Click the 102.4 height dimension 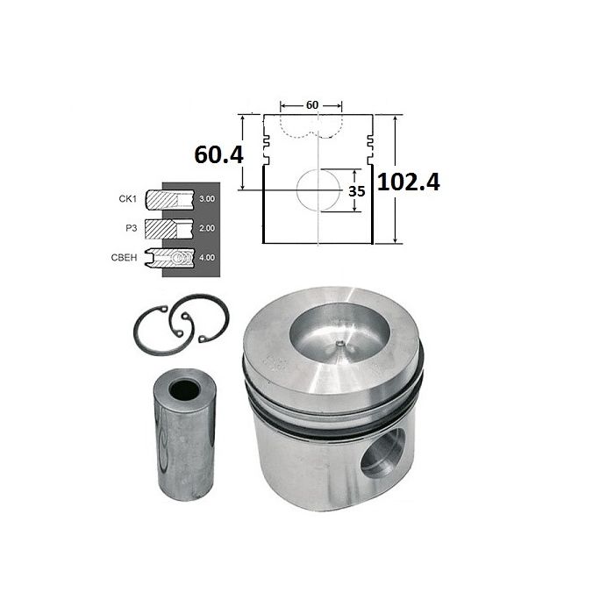pyautogui.click(x=409, y=182)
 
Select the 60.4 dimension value pyautogui.click(x=219, y=154)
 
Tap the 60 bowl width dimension pyautogui.click(x=312, y=105)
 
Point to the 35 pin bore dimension pyautogui.click(x=357, y=191)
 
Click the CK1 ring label pyautogui.click(x=128, y=199)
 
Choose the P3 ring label pyautogui.click(x=132, y=228)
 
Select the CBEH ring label pyautogui.click(x=125, y=258)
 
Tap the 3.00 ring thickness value pyautogui.click(x=207, y=199)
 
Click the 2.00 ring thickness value pyautogui.click(x=207, y=228)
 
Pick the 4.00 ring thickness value pyautogui.click(x=207, y=258)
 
